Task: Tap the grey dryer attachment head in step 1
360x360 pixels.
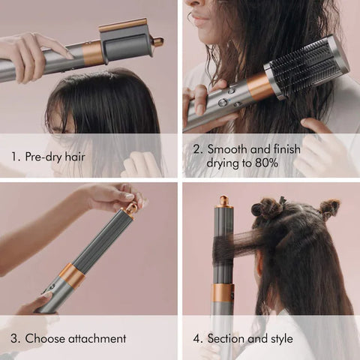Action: tap(126, 44)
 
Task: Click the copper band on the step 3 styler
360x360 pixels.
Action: tap(72, 275)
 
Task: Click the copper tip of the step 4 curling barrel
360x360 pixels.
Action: tap(223, 201)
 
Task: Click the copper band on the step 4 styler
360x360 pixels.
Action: tap(222, 292)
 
